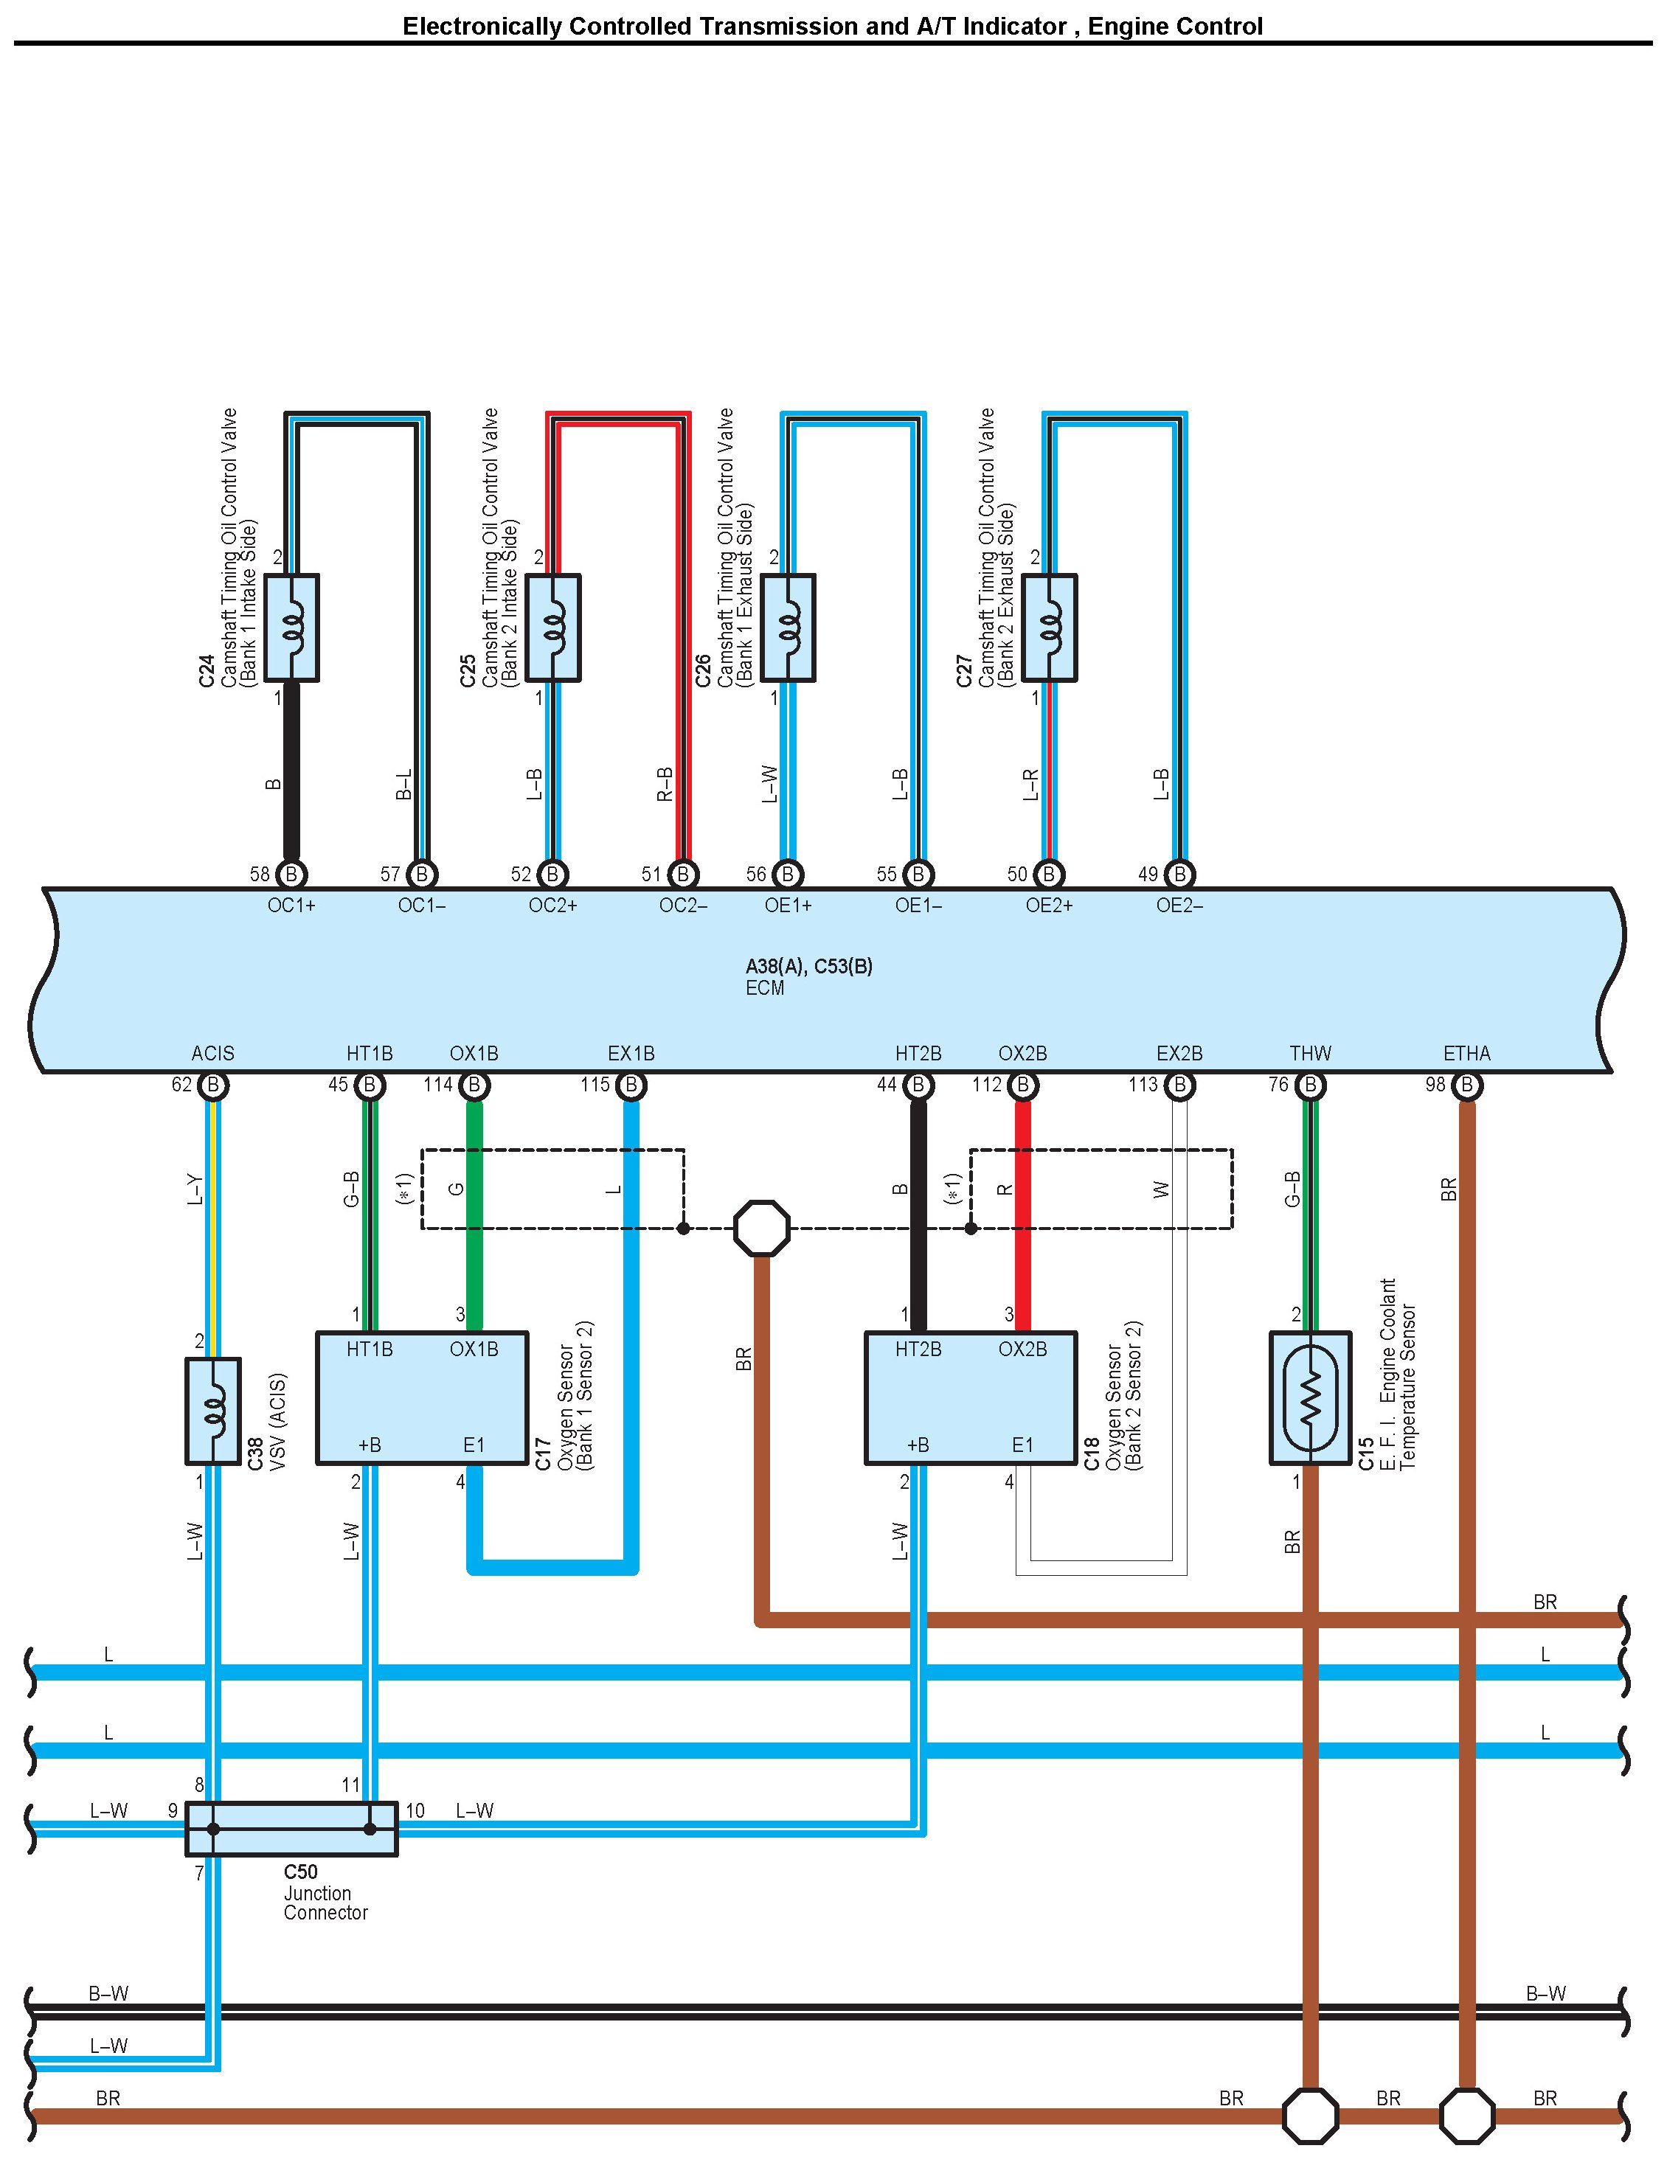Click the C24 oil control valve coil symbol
tap(292, 627)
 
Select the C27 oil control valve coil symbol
tap(1049, 627)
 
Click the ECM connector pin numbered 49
tap(1179, 874)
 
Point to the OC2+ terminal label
tap(552, 906)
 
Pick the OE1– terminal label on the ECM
tap(918, 906)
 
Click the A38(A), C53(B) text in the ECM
tap(808, 966)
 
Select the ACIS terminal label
tap(212, 1053)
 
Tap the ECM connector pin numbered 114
tap(474, 1085)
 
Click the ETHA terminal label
tap(1466, 1053)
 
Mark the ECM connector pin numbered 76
tap(1310, 1085)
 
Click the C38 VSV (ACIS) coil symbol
tap(212, 1410)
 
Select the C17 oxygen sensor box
tap(422, 1397)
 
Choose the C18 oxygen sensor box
tap(971, 1397)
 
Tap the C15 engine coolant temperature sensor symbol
tap(1310, 1397)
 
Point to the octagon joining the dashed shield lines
tap(762, 1228)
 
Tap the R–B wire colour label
tap(665, 783)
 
